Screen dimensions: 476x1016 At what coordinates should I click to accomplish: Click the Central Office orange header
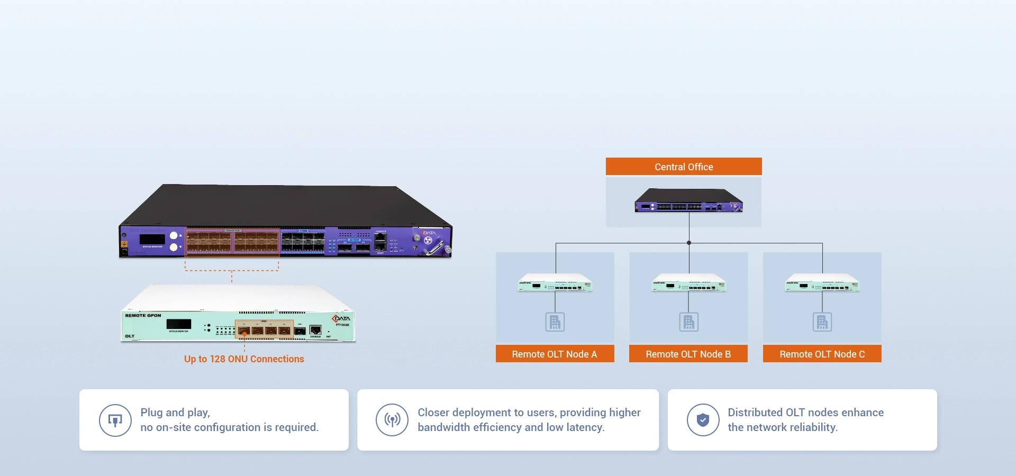coord(684,167)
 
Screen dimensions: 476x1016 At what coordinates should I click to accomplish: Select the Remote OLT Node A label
coord(555,354)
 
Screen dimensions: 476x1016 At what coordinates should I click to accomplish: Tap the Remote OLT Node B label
coord(688,354)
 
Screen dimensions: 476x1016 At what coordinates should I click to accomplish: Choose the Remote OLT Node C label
coord(822,354)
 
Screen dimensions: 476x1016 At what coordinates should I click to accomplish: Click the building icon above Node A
coord(555,322)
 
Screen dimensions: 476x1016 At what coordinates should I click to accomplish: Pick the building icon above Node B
coord(688,322)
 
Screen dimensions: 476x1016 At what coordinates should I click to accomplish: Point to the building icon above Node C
coord(822,322)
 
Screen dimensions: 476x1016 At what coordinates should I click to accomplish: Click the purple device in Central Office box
coord(688,201)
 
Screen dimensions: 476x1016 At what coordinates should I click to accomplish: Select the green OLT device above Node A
coord(555,283)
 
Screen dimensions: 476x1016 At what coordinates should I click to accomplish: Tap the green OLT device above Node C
coord(822,283)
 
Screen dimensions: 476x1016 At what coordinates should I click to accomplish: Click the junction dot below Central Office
coord(689,243)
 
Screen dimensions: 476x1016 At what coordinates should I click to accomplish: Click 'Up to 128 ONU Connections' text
coord(244,359)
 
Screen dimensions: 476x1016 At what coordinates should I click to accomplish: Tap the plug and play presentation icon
coord(115,420)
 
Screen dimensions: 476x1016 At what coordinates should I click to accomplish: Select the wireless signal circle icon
coord(392,420)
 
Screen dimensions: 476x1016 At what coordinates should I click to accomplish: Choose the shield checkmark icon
coord(703,420)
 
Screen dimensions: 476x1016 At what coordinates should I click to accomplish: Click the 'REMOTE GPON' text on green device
coord(143,315)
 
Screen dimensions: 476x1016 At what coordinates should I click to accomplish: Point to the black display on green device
coord(179,324)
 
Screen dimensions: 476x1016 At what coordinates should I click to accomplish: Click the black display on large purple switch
coord(152,239)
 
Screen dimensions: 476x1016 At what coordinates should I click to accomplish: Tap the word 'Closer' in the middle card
coord(433,413)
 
